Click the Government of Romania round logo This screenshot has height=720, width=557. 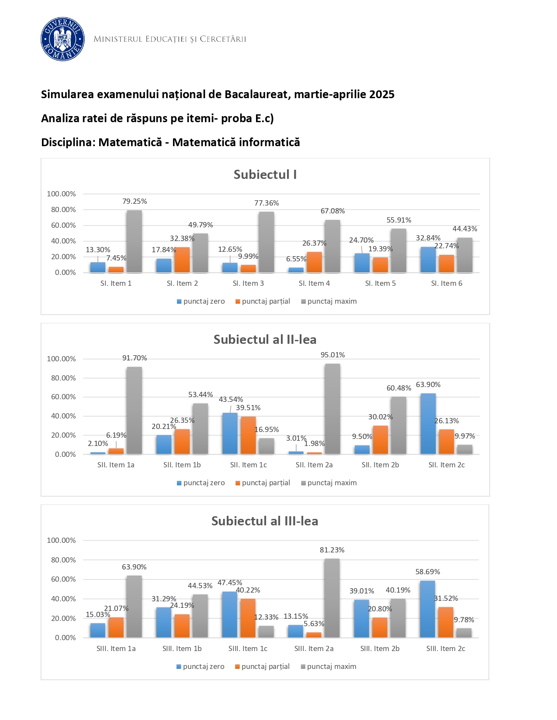pyautogui.click(x=62, y=39)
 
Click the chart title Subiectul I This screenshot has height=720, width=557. pyautogui.click(x=265, y=175)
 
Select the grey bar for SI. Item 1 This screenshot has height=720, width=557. pyautogui.click(x=134, y=241)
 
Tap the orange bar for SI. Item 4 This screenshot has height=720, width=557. pyautogui.click(x=314, y=262)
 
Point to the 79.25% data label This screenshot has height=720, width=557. pyautogui.click(x=135, y=202)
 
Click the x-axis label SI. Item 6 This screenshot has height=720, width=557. pyautogui.click(x=446, y=284)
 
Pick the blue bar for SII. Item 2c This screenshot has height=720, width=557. pyautogui.click(x=428, y=424)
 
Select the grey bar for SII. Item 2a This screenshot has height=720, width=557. pyautogui.click(x=332, y=409)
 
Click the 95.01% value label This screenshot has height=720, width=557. pyautogui.click(x=332, y=355)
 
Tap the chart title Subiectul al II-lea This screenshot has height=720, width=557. pyautogui.click(x=265, y=339)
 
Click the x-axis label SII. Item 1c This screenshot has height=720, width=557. pyautogui.click(x=248, y=465)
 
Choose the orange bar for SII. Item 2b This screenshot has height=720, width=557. pyautogui.click(x=381, y=440)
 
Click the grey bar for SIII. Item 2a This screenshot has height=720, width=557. pyautogui.click(x=332, y=598)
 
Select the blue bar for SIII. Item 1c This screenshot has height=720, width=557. pyautogui.click(x=230, y=615)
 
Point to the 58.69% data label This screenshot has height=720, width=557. pyautogui.click(x=428, y=572)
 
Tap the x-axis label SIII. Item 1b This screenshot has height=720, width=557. pyautogui.click(x=182, y=649)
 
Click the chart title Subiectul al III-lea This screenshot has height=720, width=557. pyautogui.click(x=265, y=521)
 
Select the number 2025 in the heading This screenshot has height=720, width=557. pyautogui.click(x=381, y=95)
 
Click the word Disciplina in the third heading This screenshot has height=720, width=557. pyautogui.click(x=68, y=142)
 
